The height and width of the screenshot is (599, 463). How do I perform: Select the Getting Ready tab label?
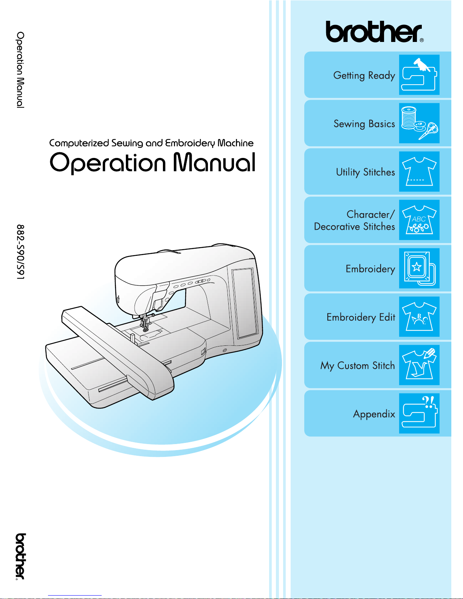[x=364, y=75]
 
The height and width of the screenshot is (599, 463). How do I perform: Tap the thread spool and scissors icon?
[x=419, y=123]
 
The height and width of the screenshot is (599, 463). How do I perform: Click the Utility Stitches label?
[x=365, y=172]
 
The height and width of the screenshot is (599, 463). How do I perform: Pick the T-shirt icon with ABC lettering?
[x=419, y=220]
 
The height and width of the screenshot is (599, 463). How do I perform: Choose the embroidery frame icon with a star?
[x=419, y=268]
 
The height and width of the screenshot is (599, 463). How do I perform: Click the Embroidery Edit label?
[x=361, y=317]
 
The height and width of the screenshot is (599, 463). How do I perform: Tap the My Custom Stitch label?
[x=358, y=366]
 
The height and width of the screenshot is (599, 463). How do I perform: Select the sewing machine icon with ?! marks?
[x=419, y=413]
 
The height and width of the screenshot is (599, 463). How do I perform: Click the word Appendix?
[x=374, y=414]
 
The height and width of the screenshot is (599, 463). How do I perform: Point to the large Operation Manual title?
[x=152, y=163]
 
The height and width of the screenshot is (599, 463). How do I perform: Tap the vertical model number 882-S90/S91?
[x=21, y=252]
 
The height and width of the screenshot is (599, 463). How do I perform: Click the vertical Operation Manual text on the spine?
[x=21, y=70]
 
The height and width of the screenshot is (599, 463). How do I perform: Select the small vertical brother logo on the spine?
[x=21, y=557]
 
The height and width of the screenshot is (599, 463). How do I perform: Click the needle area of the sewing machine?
[x=144, y=322]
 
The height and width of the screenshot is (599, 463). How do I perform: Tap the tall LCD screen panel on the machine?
[x=245, y=302]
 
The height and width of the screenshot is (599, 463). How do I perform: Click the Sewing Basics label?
[x=364, y=124]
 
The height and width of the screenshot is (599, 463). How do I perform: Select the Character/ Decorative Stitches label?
[x=355, y=220]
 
